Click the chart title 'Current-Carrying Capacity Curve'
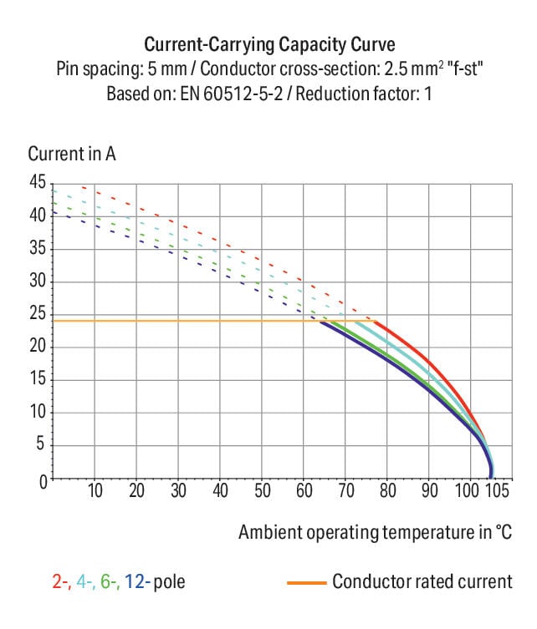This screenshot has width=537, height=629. [269, 44]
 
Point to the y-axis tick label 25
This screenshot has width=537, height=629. [38, 314]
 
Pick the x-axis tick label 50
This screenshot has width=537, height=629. [262, 490]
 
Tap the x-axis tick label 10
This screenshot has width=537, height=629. [95, 490]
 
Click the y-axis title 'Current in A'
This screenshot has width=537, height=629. [72, 155]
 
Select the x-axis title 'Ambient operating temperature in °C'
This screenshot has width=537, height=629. [375, 532]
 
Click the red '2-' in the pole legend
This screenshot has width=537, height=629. [61, 581]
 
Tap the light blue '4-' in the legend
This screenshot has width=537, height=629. [84, 581]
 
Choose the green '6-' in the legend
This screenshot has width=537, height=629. [109, 581]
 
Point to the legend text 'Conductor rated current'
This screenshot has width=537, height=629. [422, 581]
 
